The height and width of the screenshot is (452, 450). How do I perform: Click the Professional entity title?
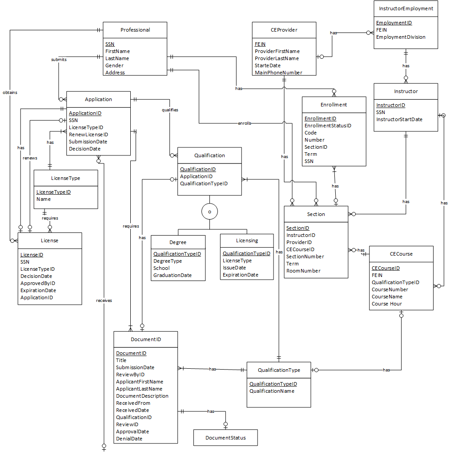[x=135, y=30]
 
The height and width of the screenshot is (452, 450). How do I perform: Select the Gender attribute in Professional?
[x=114, y=65]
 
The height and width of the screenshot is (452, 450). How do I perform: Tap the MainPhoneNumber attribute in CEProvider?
[x=278, y=73]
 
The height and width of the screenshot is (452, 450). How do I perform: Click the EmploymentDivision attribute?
[x=401, y=37]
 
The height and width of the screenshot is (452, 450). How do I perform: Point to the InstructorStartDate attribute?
[x=399, y=119]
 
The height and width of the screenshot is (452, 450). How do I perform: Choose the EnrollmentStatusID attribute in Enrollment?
[x=328, y=126]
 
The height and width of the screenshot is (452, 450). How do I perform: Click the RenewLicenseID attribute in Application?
[x=88, y=134]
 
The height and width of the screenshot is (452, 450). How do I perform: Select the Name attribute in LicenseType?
[x=44, y=199]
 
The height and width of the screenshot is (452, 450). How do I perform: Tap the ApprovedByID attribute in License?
[x=38, y=283]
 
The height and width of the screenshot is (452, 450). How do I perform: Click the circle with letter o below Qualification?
[x=209, y=212]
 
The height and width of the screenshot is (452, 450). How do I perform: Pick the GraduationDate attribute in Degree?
[x=173, y=275]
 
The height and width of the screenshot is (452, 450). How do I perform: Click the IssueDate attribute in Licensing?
[x=234, y=268]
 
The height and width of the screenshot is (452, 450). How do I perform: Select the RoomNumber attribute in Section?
[x=303, y=271]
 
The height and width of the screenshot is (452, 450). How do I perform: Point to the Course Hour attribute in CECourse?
[x=387, y=304]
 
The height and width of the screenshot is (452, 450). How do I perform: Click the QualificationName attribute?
[x=272, y=391]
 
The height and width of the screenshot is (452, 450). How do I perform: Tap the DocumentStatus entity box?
[x=225, y=438]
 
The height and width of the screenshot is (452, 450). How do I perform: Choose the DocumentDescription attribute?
[x=142, y=396]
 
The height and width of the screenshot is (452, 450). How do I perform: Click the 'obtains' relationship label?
[x=10, y=93]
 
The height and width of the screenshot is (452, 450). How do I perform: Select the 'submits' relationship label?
[x=59, y=59]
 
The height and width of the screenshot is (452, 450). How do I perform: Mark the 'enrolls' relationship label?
[x=245, y=123]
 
